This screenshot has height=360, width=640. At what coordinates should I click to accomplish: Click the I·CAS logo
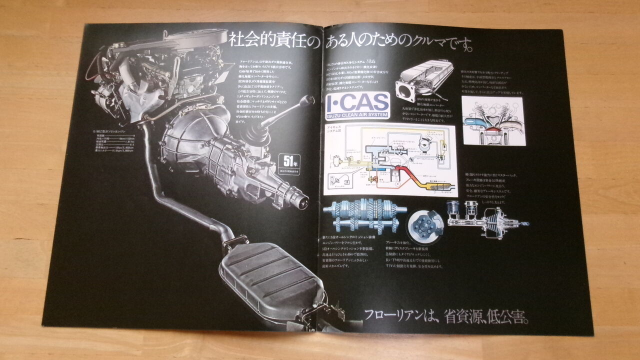pyautogui.click(x=356, y=103)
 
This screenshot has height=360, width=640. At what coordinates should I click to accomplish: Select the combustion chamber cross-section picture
pyautogui.click(x=493, y=120)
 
